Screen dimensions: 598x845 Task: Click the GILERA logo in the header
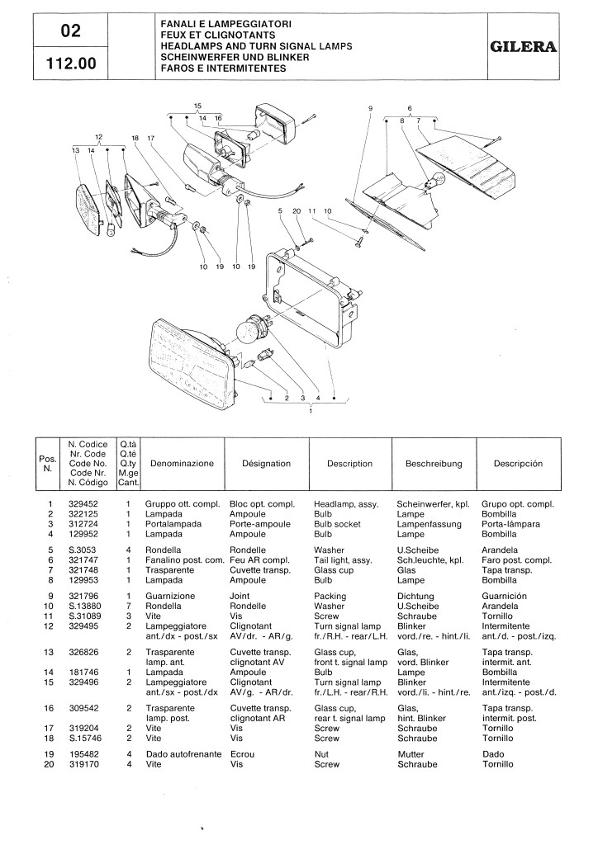coord(523,47)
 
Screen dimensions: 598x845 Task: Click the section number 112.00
coord(71,64)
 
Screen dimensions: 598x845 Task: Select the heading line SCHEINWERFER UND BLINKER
coord(235,57)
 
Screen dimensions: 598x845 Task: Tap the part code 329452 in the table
coord(83,504)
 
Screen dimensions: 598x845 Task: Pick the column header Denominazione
coord(183,464)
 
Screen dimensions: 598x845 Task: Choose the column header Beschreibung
coord(434,464)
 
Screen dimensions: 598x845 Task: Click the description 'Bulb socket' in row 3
coord(337,524)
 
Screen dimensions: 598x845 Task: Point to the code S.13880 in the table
coord(84,607)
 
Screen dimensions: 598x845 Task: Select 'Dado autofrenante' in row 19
coord(184,754)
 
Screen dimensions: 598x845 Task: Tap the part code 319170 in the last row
coord(84,764)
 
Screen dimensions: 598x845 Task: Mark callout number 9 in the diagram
coord(371,108)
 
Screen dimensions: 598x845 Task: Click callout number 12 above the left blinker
coord(98,137)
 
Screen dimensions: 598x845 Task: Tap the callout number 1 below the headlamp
coord(311,411)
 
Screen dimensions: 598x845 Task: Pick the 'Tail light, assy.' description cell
coord(343,560)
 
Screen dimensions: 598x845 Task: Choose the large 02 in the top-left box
coord(71,31)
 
